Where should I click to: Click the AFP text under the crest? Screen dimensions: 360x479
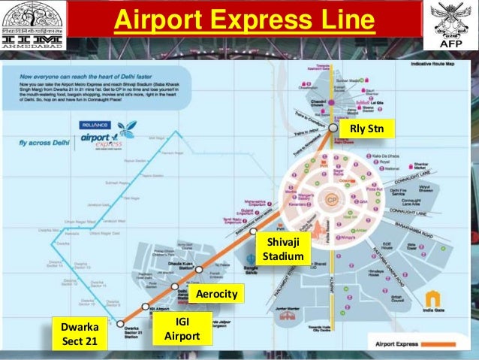(x=454, y=44)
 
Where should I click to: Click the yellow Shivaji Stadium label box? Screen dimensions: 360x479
(x=282, y=250)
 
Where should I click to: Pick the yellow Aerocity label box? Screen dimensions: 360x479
(x=216, y=294)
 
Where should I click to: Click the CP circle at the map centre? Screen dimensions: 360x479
(x=332, y=201)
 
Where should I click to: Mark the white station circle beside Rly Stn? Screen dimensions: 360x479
(x=333, y=129)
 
